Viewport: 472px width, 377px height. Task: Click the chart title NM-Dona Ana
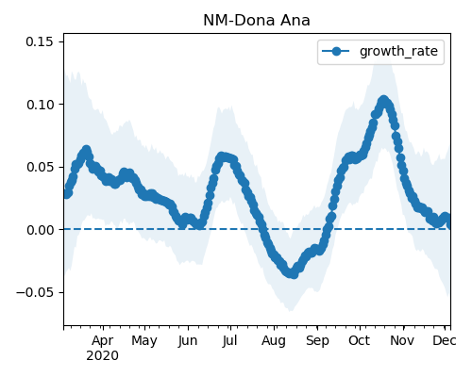click(257, 21)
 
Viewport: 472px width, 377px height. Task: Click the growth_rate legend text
click(398, 51)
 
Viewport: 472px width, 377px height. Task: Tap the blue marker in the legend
click(336, 51)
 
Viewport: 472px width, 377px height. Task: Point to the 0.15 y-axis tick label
click(40, 41)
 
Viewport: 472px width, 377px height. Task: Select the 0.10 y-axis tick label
click(41, 105)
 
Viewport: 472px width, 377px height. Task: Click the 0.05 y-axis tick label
click(41, 167)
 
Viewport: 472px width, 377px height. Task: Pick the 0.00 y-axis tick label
click(41, 230)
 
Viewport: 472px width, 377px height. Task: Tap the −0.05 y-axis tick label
click(35, 292)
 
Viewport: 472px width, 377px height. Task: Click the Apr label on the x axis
click(103, 341)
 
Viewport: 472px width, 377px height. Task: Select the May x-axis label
click(144, 341)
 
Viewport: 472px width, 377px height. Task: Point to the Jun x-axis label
click(188, 341)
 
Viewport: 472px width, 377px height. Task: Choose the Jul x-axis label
click(229, 341)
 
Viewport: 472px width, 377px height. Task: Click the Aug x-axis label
click(274, 341)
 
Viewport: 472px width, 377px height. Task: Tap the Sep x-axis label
click(317, 341)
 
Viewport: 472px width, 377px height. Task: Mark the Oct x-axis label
click(359, 340)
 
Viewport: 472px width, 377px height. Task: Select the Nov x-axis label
click(402, 340)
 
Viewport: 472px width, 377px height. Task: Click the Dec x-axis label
click(445, 340)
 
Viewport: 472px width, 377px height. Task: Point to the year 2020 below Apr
click(102, 356)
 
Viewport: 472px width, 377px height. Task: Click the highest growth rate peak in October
click(383, 101)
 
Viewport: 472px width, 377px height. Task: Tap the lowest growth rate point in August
click(294, 273)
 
